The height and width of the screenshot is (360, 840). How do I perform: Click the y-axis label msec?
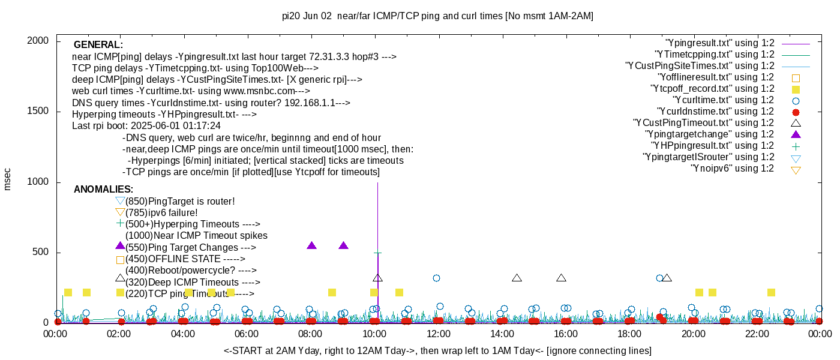(8, 179)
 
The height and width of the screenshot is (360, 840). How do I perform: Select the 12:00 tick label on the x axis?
(438, 334)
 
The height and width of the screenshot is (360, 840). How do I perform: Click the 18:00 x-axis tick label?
(629, 334)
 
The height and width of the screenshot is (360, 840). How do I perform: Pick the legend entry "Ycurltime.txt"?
(724, 100)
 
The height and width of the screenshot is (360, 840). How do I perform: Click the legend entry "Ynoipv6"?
(733, 169)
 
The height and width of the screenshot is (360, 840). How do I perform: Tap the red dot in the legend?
(796, 112)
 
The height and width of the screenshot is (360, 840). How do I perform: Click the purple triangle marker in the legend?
(796, 134)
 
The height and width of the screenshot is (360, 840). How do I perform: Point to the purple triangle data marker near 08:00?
(311, 245)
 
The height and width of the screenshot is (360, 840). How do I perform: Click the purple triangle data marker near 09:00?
(343, 245)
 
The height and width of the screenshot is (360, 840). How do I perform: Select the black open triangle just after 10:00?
(377, 278)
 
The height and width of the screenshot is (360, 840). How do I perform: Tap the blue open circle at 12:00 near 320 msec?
(436, 278)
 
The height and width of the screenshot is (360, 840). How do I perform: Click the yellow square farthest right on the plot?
(771, 292)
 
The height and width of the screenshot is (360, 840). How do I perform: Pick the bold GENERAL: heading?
(98, 45)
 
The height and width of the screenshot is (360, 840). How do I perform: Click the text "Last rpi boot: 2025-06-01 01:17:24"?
(146, 126)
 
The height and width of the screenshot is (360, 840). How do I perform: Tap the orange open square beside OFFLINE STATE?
(120, 260)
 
